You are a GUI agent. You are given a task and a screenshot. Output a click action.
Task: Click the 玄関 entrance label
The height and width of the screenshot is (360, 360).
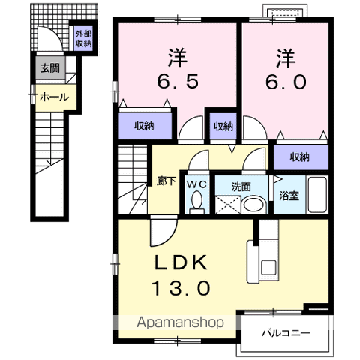(x=50, y=67)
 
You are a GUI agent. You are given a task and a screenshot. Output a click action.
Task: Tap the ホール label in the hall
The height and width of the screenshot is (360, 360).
(x=54, y=97)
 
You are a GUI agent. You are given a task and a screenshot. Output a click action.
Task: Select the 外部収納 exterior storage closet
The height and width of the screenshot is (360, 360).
(x=84, y=39)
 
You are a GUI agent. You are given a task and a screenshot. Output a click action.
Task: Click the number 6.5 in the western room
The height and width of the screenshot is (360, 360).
(x=178, y=81)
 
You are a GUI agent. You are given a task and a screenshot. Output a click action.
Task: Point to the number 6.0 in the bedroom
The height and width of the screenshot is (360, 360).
(x=286, y=82)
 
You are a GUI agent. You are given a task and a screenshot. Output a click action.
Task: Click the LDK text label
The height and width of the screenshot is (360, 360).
(x=181, y=262)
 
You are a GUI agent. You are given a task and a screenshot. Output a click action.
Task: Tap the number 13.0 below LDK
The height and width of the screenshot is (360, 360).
(x=181, y=288)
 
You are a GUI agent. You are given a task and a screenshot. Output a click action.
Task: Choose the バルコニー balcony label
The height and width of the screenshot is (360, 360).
(x=286, y=333)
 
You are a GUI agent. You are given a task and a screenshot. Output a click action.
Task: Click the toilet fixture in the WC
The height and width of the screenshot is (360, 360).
(x=197, y=202)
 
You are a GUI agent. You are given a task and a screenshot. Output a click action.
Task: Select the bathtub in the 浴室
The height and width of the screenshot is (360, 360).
(x=317, y=195)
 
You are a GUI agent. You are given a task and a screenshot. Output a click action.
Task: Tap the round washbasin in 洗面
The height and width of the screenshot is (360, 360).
(x=253, y=205)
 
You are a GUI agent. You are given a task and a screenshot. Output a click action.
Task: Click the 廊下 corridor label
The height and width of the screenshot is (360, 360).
(x=166, y=181)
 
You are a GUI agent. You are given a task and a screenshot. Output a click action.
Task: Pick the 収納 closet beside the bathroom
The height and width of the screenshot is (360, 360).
(x=301, y=157)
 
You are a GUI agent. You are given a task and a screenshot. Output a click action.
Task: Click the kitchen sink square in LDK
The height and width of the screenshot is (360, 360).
(x=268, y=268)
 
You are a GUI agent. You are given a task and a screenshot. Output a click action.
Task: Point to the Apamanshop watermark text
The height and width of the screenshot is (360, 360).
(x=180, y=322)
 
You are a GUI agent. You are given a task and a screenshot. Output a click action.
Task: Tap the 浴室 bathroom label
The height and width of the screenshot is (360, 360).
(x=289, y=196)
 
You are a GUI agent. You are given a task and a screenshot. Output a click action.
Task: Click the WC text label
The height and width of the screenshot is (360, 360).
(x=197, y=184)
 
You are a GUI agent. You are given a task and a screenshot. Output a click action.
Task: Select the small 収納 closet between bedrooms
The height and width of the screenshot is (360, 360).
(x=223, y=126)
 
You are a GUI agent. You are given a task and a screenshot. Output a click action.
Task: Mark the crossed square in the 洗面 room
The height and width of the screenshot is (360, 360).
(x=228, y=205)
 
